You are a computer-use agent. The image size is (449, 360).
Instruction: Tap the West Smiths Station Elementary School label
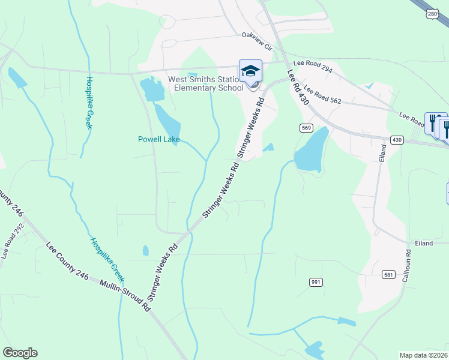pos(206,83)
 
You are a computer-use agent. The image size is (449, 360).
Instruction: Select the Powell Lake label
pos(159,139)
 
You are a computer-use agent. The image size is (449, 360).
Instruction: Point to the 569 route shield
pos(306,128)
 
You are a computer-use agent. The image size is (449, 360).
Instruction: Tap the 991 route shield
pos(316,282)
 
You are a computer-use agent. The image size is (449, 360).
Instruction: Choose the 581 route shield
pos(388,275)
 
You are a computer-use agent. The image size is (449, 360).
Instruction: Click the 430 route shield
pos(397,140)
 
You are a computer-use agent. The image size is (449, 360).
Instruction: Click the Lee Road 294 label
pos(313,66)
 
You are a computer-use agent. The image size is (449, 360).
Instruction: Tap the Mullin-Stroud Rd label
pos(125,296)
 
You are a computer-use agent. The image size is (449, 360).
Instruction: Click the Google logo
pos(20,353)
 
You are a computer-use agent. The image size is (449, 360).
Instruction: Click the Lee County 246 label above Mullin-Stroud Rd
pos(67,262)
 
